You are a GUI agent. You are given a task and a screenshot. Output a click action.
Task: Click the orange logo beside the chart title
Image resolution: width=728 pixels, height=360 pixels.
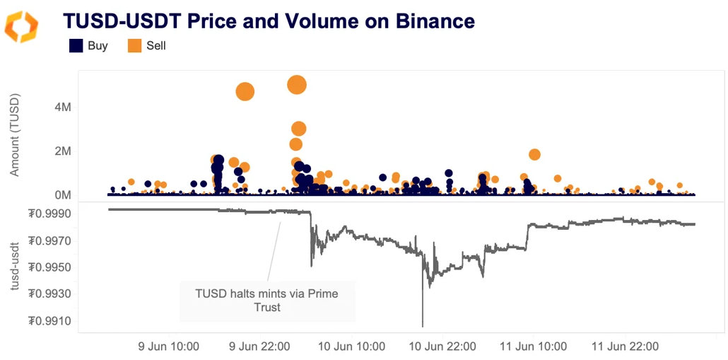[21, 26]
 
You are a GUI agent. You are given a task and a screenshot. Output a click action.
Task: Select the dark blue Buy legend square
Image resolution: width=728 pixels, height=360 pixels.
[76, 46]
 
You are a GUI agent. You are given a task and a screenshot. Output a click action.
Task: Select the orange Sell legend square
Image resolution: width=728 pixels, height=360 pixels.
[134, 46]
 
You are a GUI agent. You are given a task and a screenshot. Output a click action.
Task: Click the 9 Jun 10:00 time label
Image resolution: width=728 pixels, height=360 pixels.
[168, 347]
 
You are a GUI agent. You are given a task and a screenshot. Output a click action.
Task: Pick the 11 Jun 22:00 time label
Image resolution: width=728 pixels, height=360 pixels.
[625, 347]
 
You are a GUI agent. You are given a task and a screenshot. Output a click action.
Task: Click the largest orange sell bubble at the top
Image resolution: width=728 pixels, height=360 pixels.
[297, 85]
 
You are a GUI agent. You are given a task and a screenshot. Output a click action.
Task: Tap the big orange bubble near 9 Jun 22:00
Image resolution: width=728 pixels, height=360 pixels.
[245, 91]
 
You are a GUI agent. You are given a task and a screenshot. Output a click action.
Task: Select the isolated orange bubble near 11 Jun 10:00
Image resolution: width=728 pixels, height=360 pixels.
[534, 154]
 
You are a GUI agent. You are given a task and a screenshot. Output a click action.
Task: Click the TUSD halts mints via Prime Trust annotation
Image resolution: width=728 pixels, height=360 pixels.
[267, 300]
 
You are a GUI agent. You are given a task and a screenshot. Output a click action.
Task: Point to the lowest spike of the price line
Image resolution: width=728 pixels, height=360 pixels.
[423, 325]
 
